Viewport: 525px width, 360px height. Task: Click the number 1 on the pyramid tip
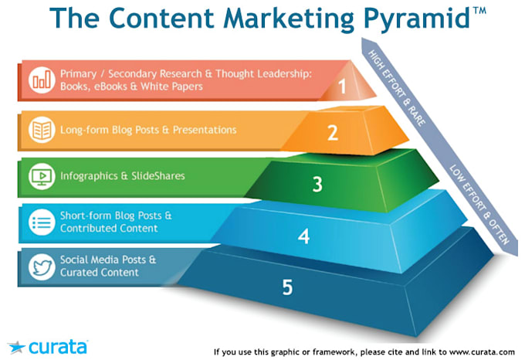click(x=342, y=87)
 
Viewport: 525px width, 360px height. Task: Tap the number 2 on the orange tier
click(x=333, y=133)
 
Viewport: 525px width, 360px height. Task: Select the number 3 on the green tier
click(x=317, y=184)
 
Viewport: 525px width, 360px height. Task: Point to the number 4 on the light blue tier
click(x=303, y=236)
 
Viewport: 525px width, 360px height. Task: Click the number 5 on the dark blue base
click(x=287, y=287)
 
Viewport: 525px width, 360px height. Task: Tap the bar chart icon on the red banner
click(x=42, y=80)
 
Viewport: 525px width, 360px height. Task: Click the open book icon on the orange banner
click(x=42, y=130)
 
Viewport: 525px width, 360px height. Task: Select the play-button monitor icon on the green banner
click(x=42, y=176)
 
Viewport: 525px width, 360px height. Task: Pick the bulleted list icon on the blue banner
click(x=42, y=222)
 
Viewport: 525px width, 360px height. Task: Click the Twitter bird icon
click(x=42, y=267)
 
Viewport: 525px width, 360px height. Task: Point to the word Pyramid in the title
click(x=418, y=19)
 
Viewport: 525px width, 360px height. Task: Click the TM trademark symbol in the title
click(x=479, y=11)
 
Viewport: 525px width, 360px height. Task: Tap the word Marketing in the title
click(x=288, y=19)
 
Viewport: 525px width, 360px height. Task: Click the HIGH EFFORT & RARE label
click(x=397, y=88)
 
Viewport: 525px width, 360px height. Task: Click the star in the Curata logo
click(x=16, y=348)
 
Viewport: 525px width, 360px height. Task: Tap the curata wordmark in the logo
click(x=58, y=348)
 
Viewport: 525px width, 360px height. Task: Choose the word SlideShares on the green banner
click(x=158, y=176)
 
